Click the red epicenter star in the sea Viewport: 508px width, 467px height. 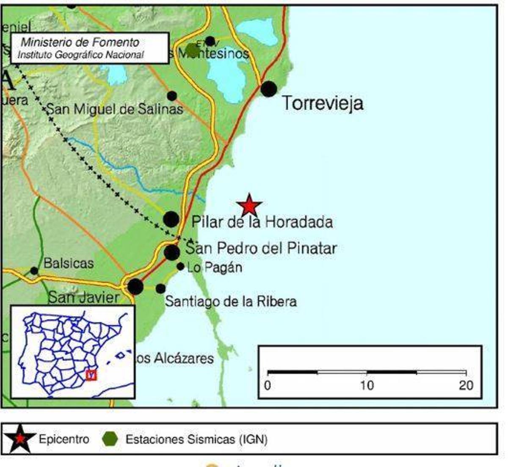coord(249,205)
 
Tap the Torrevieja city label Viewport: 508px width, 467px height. coord(322,103)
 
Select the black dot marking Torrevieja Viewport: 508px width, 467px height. coord(269,89)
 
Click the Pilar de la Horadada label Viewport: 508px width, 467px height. coord(262,222)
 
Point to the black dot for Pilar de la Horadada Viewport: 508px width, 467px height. coord(171,219)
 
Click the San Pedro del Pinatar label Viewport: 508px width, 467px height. coord(261,248)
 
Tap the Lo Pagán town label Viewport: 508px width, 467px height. coord(215,268)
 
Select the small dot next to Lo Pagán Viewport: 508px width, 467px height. coord(180,267)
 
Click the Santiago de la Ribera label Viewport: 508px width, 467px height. coord(231,301)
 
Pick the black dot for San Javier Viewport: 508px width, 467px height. coord(135,287)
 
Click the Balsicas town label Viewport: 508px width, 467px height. coord(69,263)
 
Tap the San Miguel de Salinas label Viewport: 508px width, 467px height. coord(114,109)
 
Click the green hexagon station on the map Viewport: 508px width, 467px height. coord(193,50)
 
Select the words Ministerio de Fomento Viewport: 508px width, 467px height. coord(80,42)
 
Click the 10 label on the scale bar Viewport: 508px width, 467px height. coord(367,385)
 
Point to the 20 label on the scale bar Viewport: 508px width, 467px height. coord(466,385)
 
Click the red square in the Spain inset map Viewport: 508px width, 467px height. coord(91,375)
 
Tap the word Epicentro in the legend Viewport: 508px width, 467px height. coord(64,439)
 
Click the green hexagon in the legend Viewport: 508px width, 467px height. coord(110,439)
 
